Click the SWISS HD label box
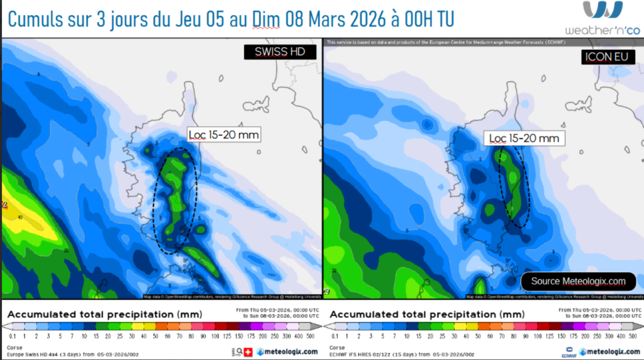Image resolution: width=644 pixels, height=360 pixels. pos(280,52)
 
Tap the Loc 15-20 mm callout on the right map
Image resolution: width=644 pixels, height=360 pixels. pos(524,138)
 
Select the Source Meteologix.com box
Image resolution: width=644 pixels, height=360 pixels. pos(578,281)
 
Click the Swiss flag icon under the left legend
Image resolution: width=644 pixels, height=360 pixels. pos(248,351)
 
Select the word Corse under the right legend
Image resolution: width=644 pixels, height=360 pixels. pos(336,347)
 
